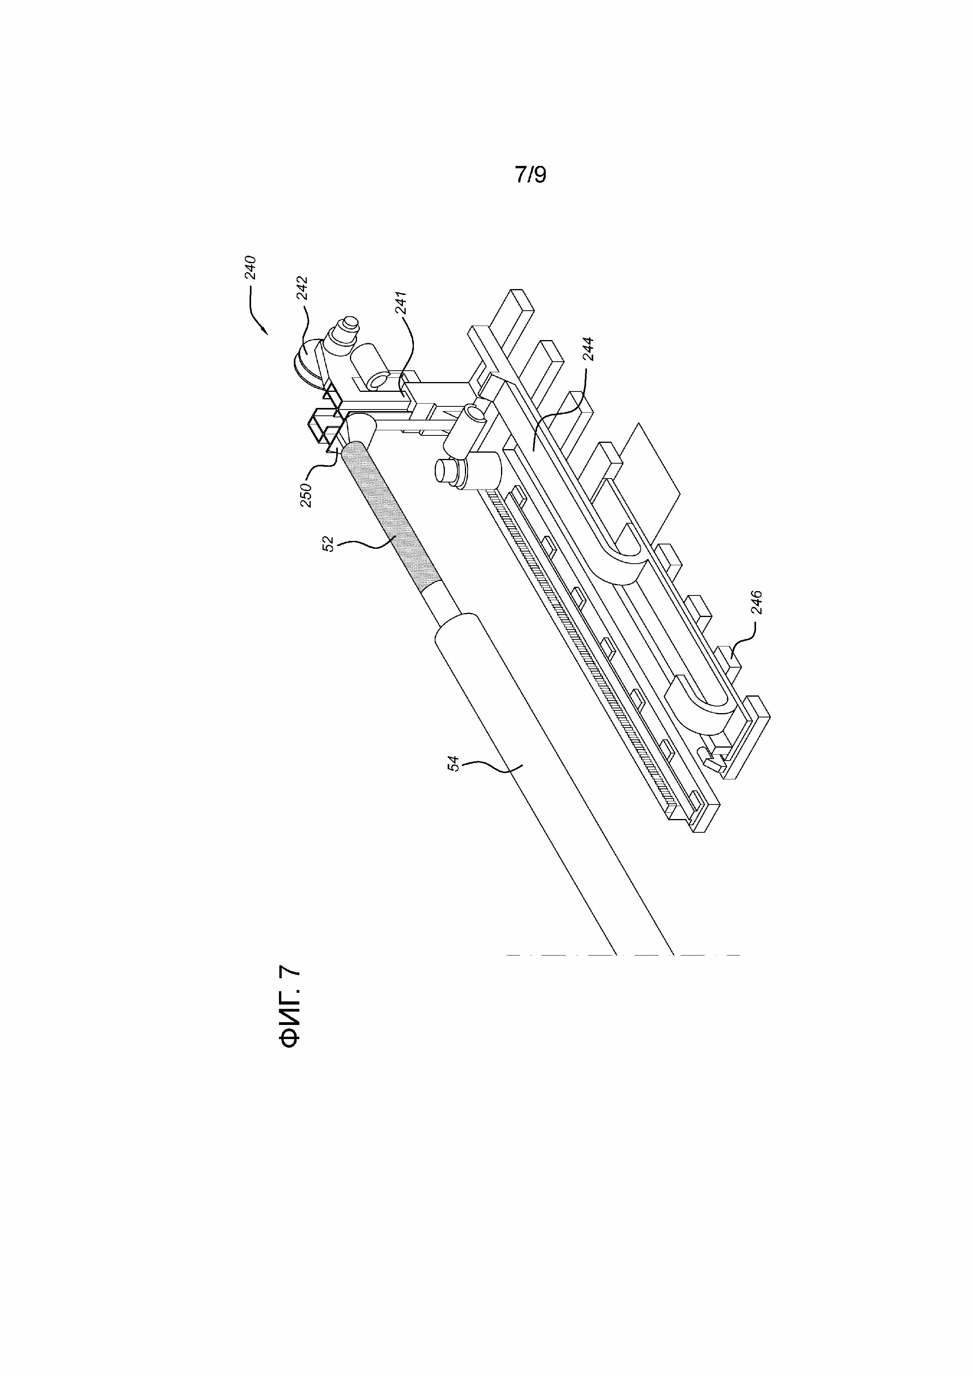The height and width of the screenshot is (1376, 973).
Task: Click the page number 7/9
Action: (530, 175)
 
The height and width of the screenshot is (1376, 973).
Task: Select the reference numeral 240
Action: (250, 268)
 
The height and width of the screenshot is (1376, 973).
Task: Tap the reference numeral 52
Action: (328, 544)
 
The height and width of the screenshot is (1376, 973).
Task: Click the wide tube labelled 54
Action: (539, 779)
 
